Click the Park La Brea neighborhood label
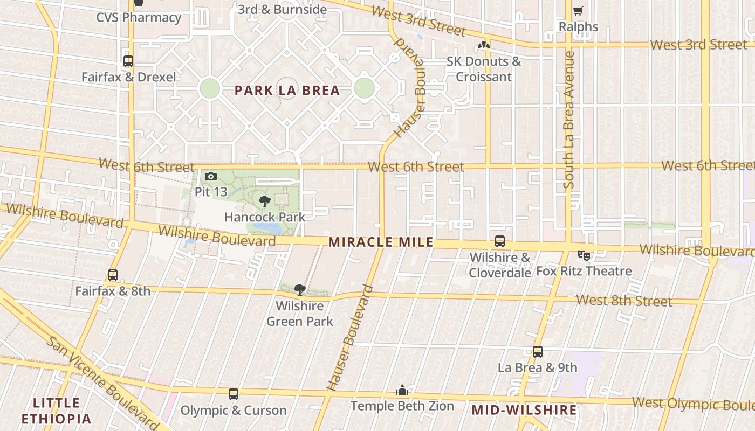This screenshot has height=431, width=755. [x=287, y=91]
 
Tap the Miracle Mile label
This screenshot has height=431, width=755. [x=381, y=242]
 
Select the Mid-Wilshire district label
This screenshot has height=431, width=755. [x=524, y=410]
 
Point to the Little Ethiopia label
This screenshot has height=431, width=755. [x=56, y=411]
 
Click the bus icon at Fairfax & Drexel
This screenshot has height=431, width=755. [x=128, y=61]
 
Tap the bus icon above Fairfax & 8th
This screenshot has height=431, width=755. [x=113, y=275]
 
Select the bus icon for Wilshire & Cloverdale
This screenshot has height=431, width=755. [x=500, y=241]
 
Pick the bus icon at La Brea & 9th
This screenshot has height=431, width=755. [x=537, y=352]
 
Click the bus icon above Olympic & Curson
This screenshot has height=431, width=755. [x=233, y=394]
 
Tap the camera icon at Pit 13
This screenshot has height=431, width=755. [x=211, y=176]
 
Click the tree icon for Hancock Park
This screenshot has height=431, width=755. [x=264, y=201]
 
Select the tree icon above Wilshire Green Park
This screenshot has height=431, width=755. [x=300, y=290]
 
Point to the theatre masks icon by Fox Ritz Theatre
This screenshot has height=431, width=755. [x=584, y=255]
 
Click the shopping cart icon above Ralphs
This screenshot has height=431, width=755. [x=578, y=11]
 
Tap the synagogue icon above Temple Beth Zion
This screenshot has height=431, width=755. [x=402, y=390]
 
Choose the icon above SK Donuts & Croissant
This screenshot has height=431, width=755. [x=484, y=46]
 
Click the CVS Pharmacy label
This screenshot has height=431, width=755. [x=139, y=17]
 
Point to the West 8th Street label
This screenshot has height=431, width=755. [x=624, y=300]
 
